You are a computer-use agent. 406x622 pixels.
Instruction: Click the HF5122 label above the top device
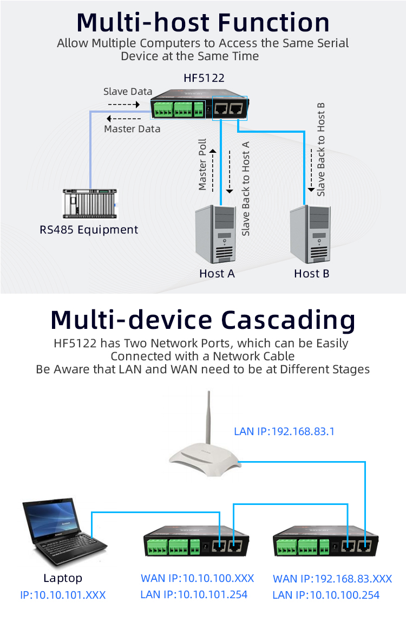(204, 78)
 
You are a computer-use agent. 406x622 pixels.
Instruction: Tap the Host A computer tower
(215, 234)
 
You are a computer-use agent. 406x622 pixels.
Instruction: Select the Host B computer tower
(310, 234)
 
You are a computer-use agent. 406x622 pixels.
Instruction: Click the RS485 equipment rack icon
(90, 204)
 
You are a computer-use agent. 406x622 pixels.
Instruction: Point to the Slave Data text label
(128, 92)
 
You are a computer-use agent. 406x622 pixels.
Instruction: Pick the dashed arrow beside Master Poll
(213, 170)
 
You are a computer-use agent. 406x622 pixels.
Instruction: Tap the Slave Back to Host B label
(321, 150)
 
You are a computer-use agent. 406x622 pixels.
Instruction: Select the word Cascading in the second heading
(287, 320)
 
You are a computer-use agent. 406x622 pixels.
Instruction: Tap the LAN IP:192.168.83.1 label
(284, 431)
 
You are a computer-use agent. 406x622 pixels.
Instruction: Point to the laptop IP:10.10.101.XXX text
(63, 595)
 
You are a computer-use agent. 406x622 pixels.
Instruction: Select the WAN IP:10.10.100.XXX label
(197, 578)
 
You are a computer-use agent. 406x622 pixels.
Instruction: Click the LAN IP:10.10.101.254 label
(194, 594)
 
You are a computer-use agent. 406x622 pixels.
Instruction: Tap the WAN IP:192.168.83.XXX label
(332, 579)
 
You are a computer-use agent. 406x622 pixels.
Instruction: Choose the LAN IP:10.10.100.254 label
(326, 595)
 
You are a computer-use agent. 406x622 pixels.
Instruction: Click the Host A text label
(217, 274)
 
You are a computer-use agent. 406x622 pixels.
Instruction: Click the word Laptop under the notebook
(63, 578)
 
